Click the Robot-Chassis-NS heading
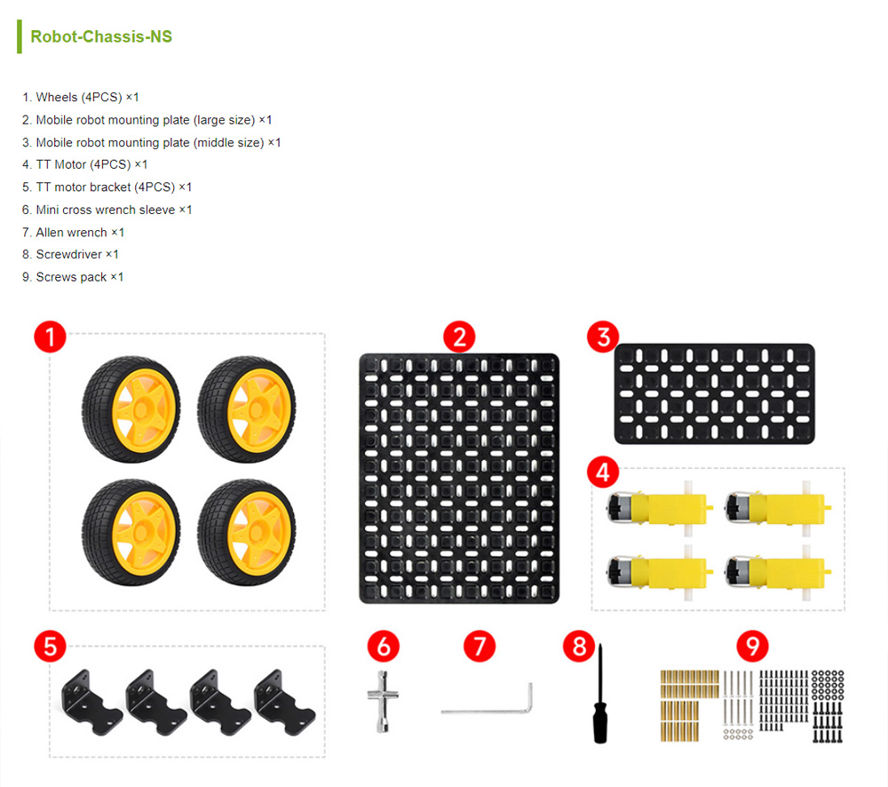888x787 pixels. coord(101,36)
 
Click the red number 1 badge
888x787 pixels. coord(50,337)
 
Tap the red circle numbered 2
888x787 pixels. coord(459,338)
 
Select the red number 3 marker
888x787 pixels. coord(603,337)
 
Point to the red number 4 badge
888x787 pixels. coord(603,472)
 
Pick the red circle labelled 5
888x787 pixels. coord(50,646)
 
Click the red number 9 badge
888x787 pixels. coord(753,646)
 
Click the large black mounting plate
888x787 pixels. coord(459,479)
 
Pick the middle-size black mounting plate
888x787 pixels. coord(715,393)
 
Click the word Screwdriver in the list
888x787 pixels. coord(69,254)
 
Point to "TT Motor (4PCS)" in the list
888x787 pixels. coord(83,164)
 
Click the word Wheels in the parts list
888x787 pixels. coord(57,97)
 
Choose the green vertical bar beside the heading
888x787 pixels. coord(20,36)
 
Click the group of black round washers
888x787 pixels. coord(828,685)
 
